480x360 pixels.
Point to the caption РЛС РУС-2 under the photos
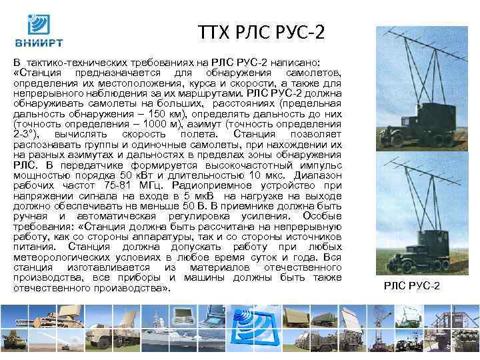(x=412, y=286)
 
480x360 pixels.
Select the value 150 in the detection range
(x=150, y=114)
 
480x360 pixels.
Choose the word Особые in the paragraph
(x=323, y=215)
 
